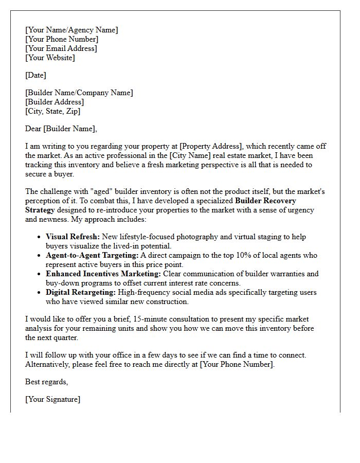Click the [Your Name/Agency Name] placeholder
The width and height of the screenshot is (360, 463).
(x=71, y=30)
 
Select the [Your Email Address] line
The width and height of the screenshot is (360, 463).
(x=61, y=48)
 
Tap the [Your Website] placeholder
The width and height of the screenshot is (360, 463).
(x=50, y=58)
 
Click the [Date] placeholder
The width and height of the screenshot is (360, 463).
(x=35, y=75)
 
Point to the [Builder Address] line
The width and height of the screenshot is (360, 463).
(x=55, y=102)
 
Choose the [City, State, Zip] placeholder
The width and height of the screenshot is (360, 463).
(x=52, y=111)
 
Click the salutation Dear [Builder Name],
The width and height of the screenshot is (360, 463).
(x=61, y=129)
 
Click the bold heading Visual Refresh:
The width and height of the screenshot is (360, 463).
(x=72, y=237)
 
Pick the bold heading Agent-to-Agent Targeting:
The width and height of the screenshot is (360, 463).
(x=92, y=255)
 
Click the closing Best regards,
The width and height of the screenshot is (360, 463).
(x=46, y=382)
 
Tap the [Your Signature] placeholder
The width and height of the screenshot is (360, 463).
(x=52, y=399)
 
